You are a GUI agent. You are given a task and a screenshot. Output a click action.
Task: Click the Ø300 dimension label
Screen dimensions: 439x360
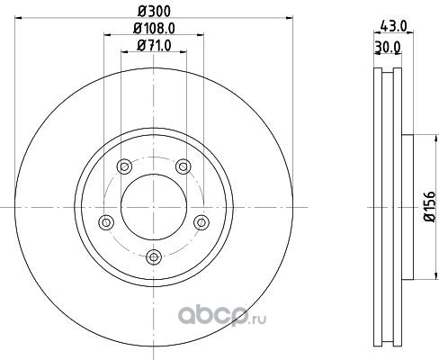(x=154, y=12)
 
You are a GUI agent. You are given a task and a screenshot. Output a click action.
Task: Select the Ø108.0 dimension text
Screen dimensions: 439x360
(x=154, y=29)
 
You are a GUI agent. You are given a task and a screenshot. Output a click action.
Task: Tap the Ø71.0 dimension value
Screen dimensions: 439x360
(x=154, y=46)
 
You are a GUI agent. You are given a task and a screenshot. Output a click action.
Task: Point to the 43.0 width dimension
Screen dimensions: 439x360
(x=393, y=26)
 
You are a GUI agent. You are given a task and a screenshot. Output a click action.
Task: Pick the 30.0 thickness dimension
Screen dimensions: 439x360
(x=388, y=47)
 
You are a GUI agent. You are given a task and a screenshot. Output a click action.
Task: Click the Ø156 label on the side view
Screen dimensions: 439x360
(x=429, y=206)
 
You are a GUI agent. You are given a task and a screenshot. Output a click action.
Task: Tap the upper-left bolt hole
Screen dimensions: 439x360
(x=124, y=166)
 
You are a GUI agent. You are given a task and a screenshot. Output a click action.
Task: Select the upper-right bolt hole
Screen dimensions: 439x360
(x=184, y=166)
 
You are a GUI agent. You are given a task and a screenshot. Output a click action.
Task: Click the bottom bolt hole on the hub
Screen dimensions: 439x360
(x=154, y=257)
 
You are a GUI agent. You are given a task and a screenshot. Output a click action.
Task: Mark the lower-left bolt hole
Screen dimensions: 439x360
(x=106, y=222)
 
